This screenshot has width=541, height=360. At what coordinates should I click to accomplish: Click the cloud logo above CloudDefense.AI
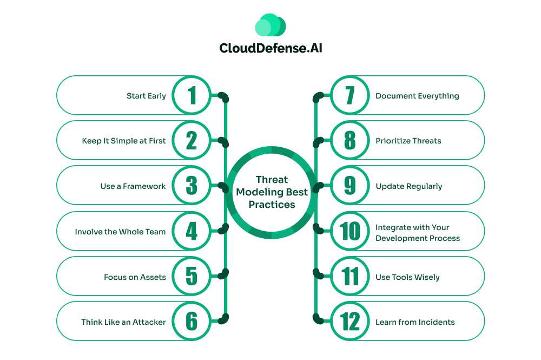(270, 25)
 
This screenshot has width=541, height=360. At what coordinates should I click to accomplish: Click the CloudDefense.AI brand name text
(270, 48)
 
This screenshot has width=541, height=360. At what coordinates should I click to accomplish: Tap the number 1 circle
(192, 96)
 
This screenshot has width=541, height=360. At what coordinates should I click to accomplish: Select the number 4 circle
(192, 232)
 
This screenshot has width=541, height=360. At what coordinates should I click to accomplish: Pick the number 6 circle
(192, 322)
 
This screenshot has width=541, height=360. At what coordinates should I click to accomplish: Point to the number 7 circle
(350, 96)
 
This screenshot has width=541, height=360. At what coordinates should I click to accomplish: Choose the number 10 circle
(350, 232)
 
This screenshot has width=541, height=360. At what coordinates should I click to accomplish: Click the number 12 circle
(350, 322)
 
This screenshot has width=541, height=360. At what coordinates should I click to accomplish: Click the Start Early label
(146, 96)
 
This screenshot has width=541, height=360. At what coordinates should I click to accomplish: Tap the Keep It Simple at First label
(124, 141)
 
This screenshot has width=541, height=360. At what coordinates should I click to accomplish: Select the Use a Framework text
(133, 186)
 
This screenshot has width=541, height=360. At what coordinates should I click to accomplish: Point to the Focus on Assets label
(135, 277)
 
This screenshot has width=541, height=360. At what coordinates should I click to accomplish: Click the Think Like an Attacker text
(123, 322)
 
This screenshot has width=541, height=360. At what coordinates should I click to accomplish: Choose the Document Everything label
(417, 96)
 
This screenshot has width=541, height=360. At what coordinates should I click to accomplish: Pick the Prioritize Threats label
(408, 141)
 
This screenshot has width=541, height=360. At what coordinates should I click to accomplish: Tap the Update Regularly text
(409, 186)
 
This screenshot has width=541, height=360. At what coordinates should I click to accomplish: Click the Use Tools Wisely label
(407, 277)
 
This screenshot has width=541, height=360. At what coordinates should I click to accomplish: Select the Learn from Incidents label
(415, 322)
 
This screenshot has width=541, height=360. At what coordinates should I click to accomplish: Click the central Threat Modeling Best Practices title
(271, 192)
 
